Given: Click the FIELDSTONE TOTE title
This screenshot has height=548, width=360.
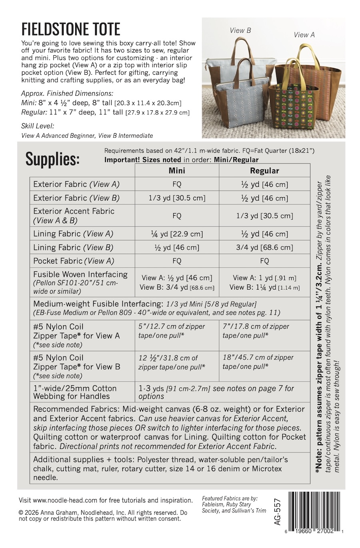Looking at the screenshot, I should [71, 30].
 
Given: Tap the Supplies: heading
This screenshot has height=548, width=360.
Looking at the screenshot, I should [52, 159].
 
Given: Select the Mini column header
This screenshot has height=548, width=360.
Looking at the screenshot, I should [177, 170].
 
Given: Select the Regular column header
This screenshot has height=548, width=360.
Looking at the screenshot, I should [264, 171].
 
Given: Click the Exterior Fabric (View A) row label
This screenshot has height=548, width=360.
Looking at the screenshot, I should [76, 184].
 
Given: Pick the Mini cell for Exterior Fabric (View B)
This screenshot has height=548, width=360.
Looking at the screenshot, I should [177, 198].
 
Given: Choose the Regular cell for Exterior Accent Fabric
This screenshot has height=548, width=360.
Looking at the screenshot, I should [264, 216].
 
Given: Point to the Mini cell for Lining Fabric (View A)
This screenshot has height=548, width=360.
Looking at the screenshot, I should [177, 234].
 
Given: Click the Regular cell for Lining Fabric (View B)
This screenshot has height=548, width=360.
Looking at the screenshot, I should [264, 247].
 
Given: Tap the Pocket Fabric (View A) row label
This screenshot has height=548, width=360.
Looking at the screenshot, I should [74, 261].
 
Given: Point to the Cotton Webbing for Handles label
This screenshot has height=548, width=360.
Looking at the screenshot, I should [75, 392].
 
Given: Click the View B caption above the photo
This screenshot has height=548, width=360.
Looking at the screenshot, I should [240, 30].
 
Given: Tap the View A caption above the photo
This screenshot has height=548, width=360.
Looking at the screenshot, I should [304, 35].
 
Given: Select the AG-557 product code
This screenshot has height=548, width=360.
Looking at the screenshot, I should [278, 512].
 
